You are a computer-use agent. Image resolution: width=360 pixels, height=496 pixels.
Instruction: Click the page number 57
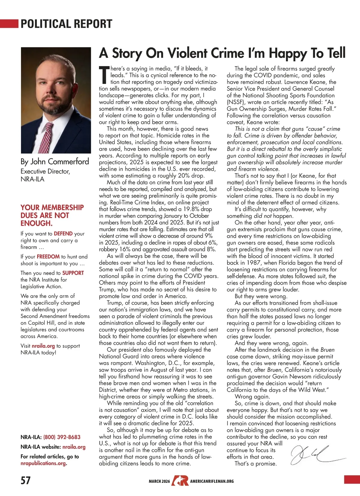(25, 480)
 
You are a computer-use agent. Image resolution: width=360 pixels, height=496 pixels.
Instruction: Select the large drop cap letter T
(104, 75)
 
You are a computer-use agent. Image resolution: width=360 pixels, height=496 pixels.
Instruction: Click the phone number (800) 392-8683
(62, 437)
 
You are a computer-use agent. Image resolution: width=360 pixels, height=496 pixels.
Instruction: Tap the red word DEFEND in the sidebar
(63, 234)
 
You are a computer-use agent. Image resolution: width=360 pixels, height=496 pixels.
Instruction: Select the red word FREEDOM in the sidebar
(48, 257)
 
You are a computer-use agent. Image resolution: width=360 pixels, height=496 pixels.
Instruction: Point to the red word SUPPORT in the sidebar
(73, 273)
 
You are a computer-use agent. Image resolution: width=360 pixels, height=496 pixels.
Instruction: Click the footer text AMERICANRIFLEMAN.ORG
(212, 481)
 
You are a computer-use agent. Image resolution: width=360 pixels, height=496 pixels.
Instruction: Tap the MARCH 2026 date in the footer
(159, 481)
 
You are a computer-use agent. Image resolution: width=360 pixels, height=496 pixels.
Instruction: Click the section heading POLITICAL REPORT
(66, 24)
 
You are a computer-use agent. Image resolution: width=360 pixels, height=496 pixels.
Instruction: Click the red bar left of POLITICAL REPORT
(9, 23)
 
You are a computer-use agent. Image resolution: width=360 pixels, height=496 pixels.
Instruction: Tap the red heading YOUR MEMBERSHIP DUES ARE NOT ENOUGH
(52, 215)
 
